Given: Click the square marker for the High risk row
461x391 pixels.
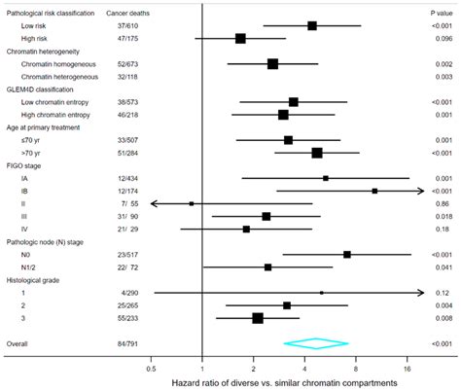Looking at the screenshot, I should [240, 39].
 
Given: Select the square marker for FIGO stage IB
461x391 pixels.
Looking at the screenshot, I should [374, 191].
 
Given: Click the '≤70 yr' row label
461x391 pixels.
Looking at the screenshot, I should [29, 140].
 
